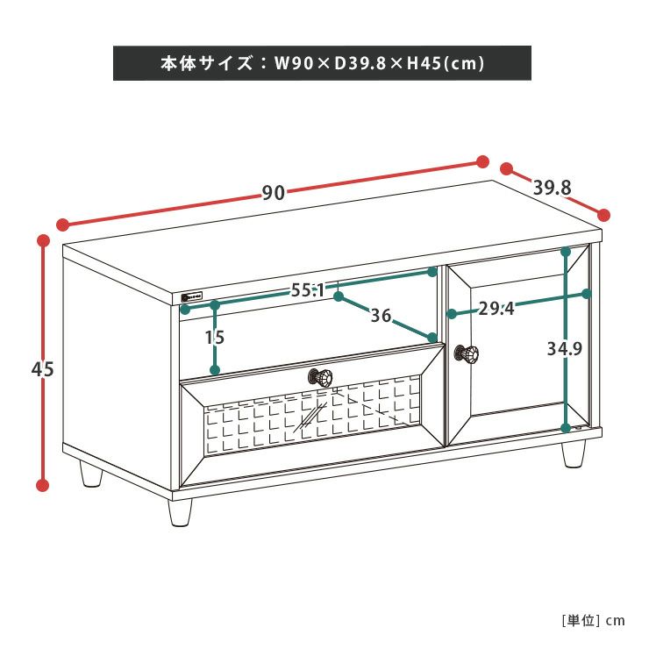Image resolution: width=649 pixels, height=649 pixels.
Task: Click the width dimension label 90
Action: tap(274, 192)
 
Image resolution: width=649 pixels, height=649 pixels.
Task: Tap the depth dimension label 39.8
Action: tap(553, 188)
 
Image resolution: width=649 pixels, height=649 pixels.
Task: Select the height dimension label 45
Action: tap(43, 368)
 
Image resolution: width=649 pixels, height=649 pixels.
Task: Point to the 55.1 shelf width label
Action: tap(309, 289)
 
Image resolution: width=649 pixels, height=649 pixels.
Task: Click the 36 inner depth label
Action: tap(381, 316)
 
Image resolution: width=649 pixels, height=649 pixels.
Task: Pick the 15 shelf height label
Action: tap(215, 338)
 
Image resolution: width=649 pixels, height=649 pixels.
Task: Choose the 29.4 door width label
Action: tap(496, 309)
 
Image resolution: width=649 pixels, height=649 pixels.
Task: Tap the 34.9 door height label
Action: tap(565, 349)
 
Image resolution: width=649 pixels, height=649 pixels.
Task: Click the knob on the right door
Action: tap(467, 354)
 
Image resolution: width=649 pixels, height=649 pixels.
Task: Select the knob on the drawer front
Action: tap(320, 377)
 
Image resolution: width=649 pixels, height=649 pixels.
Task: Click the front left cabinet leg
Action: tap(180, 512)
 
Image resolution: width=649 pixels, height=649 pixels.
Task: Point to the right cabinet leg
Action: tap(574, 454)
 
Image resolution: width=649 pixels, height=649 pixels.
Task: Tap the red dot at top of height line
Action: tap(43, 241)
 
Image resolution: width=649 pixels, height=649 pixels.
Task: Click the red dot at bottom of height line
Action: tap(42, 485)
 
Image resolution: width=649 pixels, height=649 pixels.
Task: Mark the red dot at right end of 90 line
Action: tap(482, 162)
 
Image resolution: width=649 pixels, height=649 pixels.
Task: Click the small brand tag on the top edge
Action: tap(192, 296)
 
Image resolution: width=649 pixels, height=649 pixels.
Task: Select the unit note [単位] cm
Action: tap(593, 620)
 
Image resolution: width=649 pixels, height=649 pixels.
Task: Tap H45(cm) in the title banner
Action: tap(446, 63)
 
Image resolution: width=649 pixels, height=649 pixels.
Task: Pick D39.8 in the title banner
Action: tap(360, 63)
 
